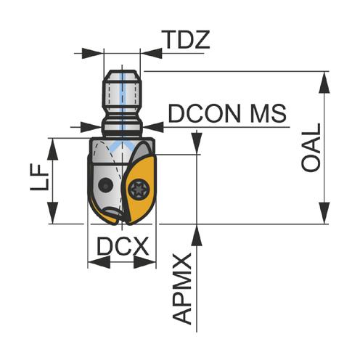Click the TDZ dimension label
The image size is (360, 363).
185,40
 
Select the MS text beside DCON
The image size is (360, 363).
269,113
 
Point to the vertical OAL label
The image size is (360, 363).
311,148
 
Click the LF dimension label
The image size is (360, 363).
39,178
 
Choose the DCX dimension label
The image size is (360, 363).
123,246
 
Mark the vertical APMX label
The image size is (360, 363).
181,289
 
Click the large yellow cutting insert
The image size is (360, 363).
140,189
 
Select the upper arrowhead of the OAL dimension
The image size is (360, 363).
324,82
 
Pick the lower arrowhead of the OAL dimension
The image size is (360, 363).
324,213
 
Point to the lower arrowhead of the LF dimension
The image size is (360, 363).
52,213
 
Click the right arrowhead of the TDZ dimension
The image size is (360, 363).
151,53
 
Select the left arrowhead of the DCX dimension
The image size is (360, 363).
99,262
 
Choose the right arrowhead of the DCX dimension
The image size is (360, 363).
144,262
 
